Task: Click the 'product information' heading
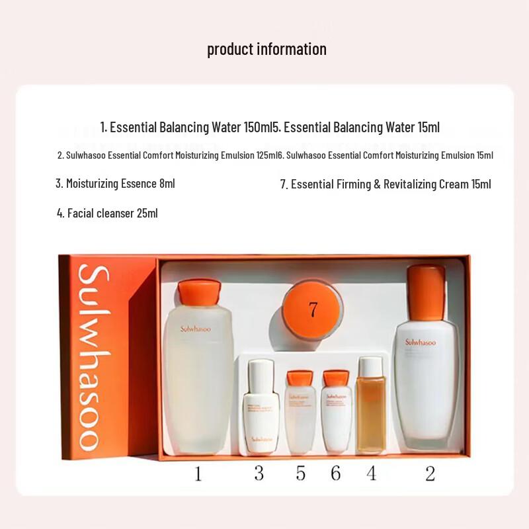coord(266,49)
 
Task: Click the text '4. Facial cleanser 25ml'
coord(107,213)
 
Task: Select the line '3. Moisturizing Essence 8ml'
coord(115,183)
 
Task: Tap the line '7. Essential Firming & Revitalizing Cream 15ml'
coord(386,184)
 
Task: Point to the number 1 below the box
coord(197,473)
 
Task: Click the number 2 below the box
coord(430,473)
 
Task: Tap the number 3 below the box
coord(259,473)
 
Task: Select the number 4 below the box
coord(372,473)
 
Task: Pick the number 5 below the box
coord(301,473)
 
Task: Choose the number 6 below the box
coord(335,473)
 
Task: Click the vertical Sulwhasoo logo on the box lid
coord(93,357)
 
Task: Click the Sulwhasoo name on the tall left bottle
coord(196,329)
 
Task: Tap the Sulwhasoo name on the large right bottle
coord(421,342)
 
